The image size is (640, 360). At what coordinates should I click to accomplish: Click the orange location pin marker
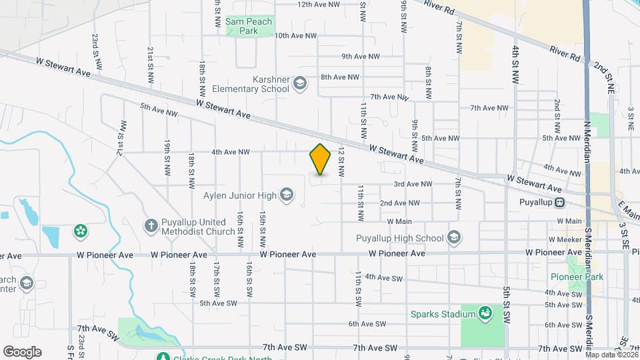[x=320, y=159]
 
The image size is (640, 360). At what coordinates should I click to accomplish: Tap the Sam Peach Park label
[x=241, y=26]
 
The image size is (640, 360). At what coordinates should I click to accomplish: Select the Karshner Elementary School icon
[x=300, y=83]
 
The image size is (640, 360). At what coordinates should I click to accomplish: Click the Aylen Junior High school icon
[x=287, y=195]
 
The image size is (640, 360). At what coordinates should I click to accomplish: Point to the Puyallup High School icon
[x=454, y=237]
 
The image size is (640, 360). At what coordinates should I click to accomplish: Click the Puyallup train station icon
[x=560, y=202]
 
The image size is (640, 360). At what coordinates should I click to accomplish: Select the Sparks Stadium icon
[x=486, y=313]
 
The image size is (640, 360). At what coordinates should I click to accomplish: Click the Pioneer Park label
[x=577, y=277]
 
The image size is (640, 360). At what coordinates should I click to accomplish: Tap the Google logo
[x=22, y=351]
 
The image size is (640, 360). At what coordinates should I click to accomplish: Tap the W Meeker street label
[x=565, y=238]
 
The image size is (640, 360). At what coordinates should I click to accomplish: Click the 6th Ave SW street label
[x=367, y=324]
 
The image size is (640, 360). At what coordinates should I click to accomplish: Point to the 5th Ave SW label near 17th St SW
[x=219, y=303]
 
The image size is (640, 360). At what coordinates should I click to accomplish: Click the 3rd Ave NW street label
[x=413, y=184]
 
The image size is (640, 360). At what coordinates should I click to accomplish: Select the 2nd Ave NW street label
[x=399, y=203]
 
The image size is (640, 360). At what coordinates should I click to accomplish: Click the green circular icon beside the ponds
[x=81, y=231]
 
